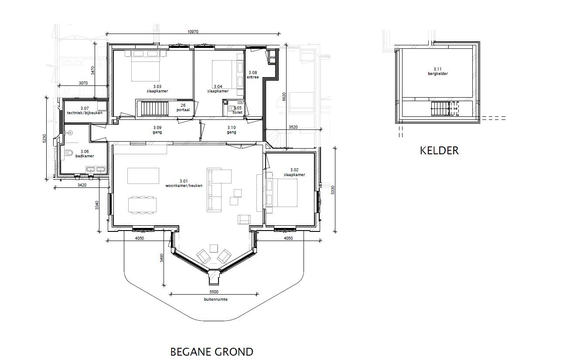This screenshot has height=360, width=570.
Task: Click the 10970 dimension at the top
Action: (193, 32)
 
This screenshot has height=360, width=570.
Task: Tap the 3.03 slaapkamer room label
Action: (157, 89)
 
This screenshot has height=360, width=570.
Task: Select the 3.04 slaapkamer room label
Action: (218, 89)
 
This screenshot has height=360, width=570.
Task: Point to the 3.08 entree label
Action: (253, 75)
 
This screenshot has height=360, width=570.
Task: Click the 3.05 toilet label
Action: (237, 110)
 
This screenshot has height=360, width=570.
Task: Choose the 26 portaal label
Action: (183, 108)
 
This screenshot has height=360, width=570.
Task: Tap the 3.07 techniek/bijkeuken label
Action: (85, 111)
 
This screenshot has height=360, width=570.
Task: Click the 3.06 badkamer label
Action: (85, 154)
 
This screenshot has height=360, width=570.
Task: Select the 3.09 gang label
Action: (157, 130)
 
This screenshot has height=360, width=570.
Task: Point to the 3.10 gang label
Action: (231, 130)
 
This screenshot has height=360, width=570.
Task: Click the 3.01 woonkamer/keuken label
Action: (184, 183)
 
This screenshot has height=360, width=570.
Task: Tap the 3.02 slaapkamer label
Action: (294, 172)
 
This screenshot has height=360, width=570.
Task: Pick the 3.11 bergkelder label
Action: (438, 71)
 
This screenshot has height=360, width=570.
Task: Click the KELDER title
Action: (439, 150)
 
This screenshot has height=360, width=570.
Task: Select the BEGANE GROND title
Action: (212, 352)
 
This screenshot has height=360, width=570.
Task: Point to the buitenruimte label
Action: (216, 299)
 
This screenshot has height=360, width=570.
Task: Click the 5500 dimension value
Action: (214, 292)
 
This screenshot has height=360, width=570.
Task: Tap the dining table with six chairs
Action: (142, 205)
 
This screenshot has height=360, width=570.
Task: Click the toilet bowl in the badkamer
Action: (68, 153)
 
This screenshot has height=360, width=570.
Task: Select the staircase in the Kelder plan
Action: (440, 109)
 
